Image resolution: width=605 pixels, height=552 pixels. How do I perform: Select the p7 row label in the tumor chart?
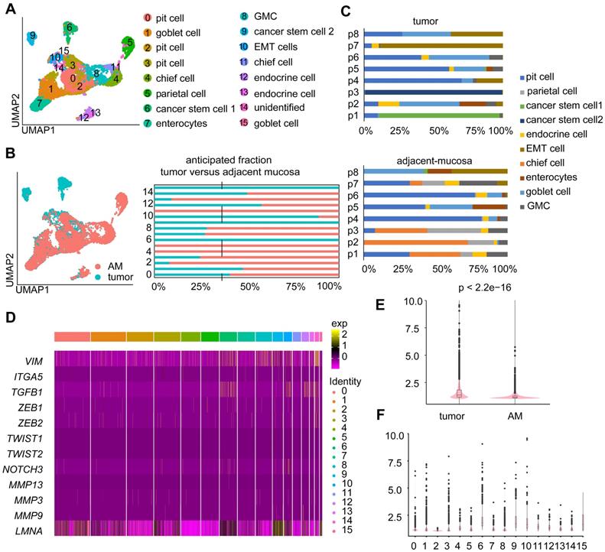tap(354, 45)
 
